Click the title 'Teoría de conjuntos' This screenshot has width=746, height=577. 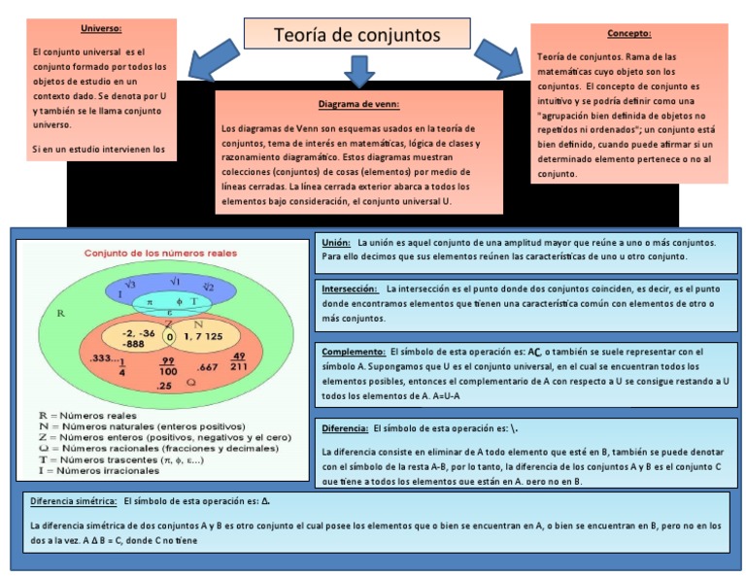356,35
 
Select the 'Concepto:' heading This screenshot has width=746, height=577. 628,33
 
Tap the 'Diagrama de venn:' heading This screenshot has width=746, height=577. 358,104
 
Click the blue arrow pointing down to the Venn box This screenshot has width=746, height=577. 359,70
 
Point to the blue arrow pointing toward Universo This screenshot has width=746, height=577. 215,61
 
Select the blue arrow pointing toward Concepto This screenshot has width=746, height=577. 496,60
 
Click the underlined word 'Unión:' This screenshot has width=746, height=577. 336,242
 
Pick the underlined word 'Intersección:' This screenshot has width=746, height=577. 350,288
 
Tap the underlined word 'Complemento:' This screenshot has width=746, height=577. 353,351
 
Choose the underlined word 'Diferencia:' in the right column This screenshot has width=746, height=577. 344,427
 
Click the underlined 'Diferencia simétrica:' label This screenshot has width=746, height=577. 73,501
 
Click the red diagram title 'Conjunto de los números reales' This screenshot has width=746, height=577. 160,253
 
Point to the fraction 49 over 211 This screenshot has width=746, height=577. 239,361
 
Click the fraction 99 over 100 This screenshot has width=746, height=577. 167,366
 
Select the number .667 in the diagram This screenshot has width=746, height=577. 207,367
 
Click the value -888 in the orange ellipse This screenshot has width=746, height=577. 134,344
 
